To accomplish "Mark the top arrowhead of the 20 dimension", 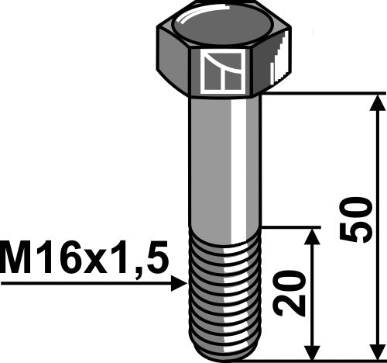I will pyautogui.click(x=313, y=235).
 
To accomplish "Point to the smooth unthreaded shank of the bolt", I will pyautogui.click(x=224, y=163).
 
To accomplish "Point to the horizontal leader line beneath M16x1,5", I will pyautogui.click(x=85, y=285).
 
